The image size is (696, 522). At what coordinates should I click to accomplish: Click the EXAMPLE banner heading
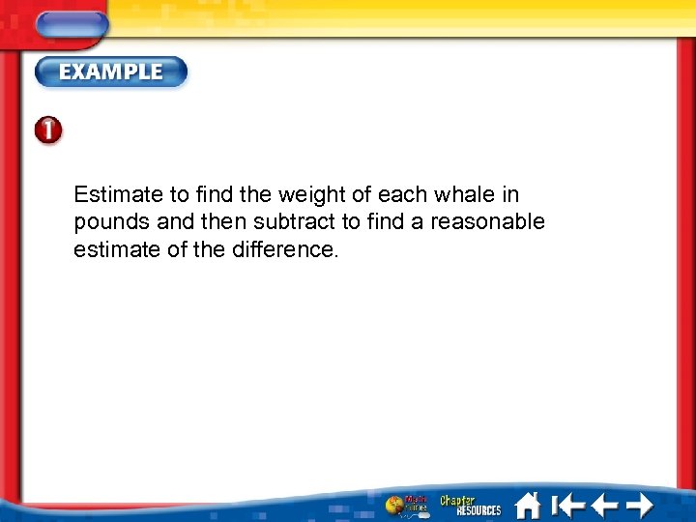111,72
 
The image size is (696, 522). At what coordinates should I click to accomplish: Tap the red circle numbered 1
49,131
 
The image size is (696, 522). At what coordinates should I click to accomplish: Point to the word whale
465,194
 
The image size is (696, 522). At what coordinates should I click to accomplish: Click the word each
402,194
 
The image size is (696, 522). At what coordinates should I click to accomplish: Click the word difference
287,249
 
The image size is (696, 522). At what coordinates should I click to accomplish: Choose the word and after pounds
175,222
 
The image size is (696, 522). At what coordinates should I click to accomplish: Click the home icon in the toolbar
527,505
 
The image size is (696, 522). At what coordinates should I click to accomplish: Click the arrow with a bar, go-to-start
566,505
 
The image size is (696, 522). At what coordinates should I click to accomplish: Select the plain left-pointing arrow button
603,505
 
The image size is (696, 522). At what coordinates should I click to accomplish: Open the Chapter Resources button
470,505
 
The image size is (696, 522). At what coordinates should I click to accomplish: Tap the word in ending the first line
510,194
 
